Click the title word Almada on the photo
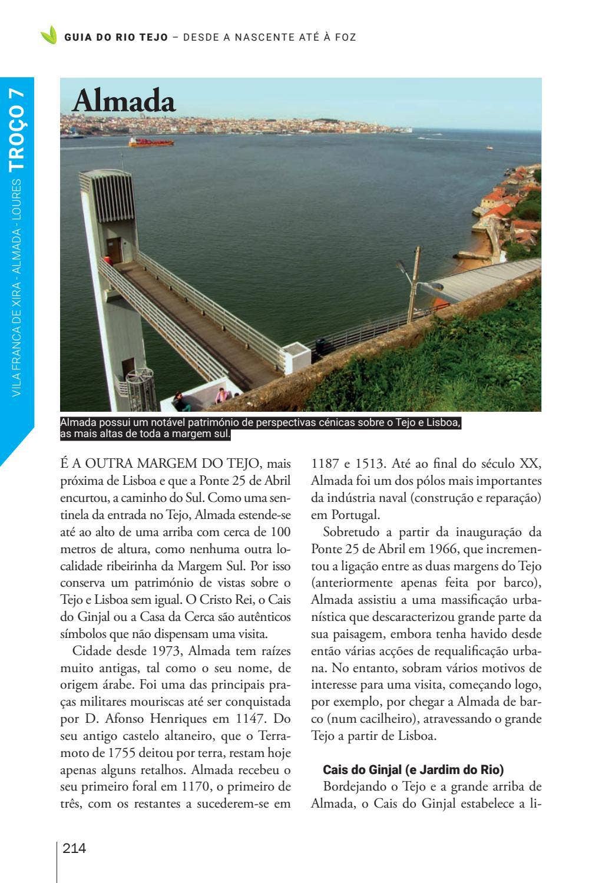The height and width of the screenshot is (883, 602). [x=124, y=101]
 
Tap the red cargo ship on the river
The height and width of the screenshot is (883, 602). [x=151, y=142]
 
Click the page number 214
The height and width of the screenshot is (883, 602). [x=74, y=848]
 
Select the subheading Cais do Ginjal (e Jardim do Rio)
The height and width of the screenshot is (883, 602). [x=414, y=769]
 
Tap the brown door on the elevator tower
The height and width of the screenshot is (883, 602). [x=114, y=250]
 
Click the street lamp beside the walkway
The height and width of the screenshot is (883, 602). [x=414, y=283]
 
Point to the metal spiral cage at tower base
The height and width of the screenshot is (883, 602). [x=142, y=389]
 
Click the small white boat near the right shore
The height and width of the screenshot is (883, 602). [x=489, y=147]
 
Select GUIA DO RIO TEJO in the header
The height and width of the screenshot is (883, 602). [x=116, y=37]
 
